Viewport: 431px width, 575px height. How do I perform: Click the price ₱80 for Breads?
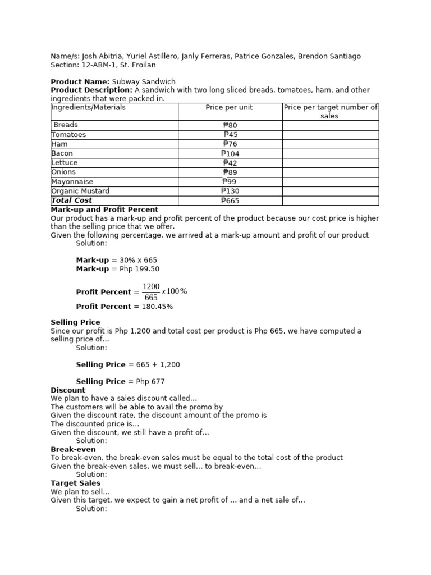pyautogui.click(x=230, y=125)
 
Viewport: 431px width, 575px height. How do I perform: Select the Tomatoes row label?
pyautogui.click(x=68, y=135)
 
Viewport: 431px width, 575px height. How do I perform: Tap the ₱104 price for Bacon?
pyautogui.click(x=230, y=153)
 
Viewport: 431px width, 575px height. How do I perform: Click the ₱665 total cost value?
pyautogui.click(x=230, y=200)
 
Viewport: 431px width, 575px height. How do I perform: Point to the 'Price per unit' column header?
pyautogui.click(x=229, y=107)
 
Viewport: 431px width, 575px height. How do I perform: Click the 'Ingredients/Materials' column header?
pyautogui.click(x=88, y=107)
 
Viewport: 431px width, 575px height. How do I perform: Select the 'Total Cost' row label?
pyautogui.click(x=72, y=200)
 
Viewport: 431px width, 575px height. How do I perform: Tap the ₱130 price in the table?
pyautogui.click(x=230, y=191)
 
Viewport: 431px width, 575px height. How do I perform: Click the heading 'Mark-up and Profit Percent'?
pyautogui.click(x=104, y=209)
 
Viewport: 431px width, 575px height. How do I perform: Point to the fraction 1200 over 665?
pyautogui.click(x=152, y=292)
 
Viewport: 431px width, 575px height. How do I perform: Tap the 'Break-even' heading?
pyautogui.click(x=73, y=449)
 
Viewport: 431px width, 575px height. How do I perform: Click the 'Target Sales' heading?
pyautogui.click(x=75, y=483)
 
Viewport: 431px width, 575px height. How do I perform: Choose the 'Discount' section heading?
pyautogui.click(x=68, y=390)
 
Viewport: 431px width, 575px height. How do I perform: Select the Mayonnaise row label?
pyautogui.click(x=72, y=182)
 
